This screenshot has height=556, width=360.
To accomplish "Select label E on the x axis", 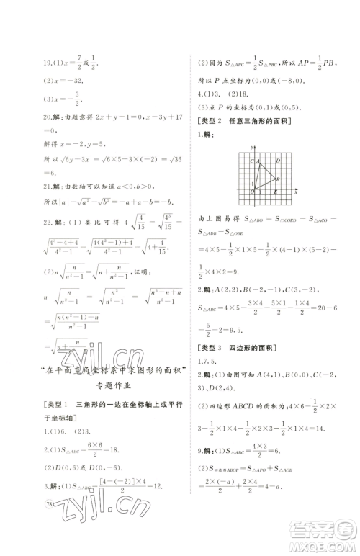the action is [274, 192].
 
